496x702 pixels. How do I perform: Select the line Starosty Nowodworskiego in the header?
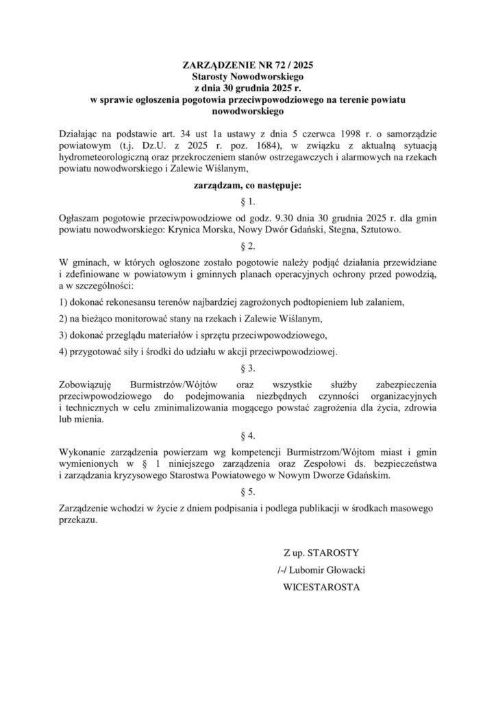pos(249,78)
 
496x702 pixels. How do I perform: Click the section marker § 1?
pos(249,202)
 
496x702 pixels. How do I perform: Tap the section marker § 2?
pos(249,245)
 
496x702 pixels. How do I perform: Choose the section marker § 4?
pos(249,435)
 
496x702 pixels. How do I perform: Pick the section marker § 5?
pos(249,492)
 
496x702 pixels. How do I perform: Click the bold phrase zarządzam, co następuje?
pos(249,184)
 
